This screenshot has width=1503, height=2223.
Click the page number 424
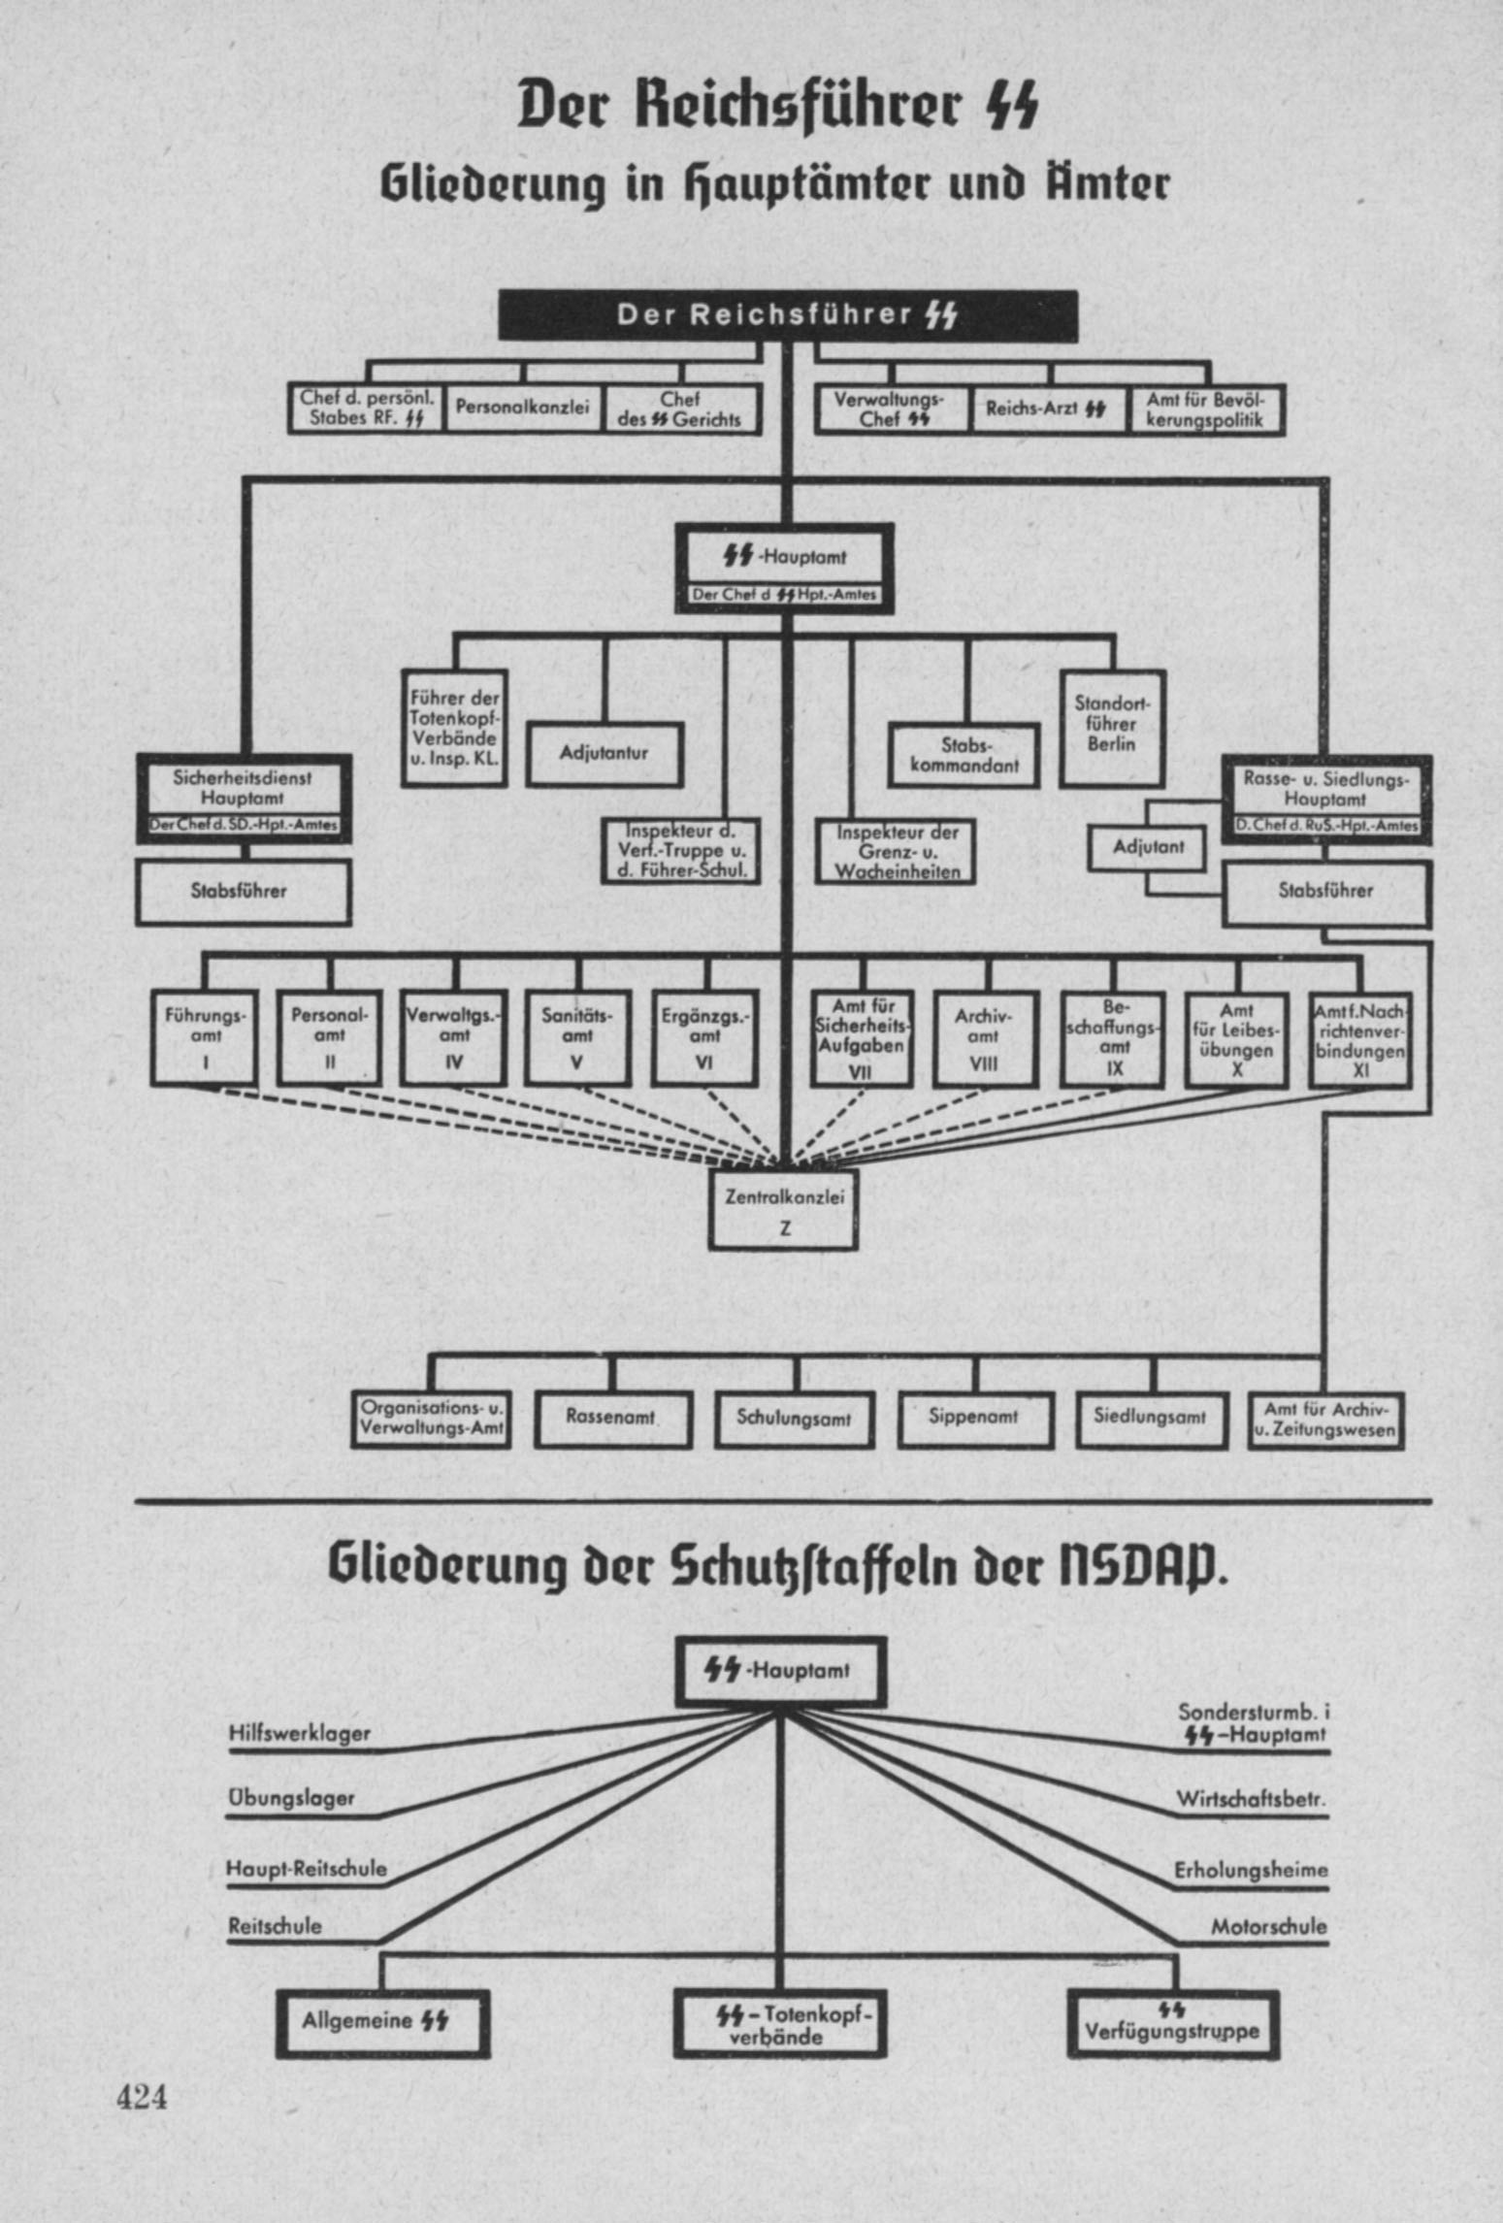pyautogui.click(x=142, y=2097)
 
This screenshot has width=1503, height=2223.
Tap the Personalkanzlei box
pyautogui.click(x=523, y=409)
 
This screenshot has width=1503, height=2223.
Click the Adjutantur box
pyautogui.click(x=604, y=753)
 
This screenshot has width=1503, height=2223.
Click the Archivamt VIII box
pyautogui.click(x=985, y=1038)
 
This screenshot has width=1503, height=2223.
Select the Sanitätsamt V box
pyautogui.click(x=577, y=1038)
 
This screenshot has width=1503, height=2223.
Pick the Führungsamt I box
pyautogui.click(x=205, y=1038)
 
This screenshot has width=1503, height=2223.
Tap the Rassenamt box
pyautogui.click(x=613, y=1418)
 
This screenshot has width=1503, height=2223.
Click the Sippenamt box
pyautogui.click(x=975, y=1418)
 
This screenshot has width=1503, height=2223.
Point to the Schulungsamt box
pyautogui.click(x=795, y=1418)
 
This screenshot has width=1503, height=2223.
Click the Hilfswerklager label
pyautogui.click(x=300, y=1733)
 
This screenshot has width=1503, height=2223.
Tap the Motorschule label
pyautogui.click(x=1268, y=1926)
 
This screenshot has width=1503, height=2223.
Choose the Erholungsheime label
pyautogui.click(x=1251, y=1870)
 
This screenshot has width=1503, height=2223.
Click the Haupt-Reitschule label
pyautogui.click(x=307, y=1868)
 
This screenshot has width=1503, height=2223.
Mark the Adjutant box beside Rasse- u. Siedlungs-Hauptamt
pyautogui.click(x=1148, y=847)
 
